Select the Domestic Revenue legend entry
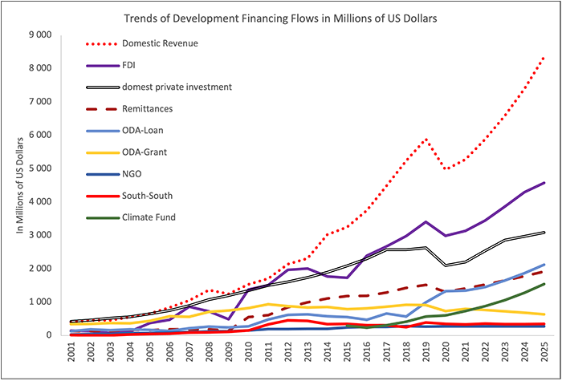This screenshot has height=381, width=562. (159, 42)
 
